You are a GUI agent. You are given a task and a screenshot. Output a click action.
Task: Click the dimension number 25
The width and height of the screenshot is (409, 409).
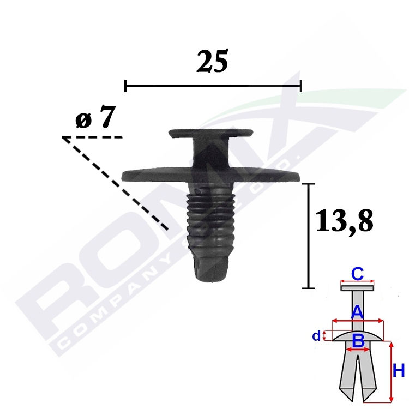pos(212,61)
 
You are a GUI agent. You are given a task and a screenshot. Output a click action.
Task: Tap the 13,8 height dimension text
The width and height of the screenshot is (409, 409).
pos(344,221)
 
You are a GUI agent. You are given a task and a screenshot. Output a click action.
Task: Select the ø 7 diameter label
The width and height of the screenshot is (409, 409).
pos(95,117)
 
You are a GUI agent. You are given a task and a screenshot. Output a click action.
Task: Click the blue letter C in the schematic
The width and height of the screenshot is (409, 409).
pos(357,274)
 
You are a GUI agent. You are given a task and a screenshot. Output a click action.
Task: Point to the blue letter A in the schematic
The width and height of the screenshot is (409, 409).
pos(357,312)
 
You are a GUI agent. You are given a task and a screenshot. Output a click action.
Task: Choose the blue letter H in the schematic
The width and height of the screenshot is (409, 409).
pos(399,371)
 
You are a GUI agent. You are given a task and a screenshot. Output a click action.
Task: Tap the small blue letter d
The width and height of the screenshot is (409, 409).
pos(316,336)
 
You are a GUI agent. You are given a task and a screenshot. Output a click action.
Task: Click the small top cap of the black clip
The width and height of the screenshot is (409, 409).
pos(210,133)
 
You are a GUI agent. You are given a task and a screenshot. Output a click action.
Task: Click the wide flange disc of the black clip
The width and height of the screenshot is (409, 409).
pos(210,175)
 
